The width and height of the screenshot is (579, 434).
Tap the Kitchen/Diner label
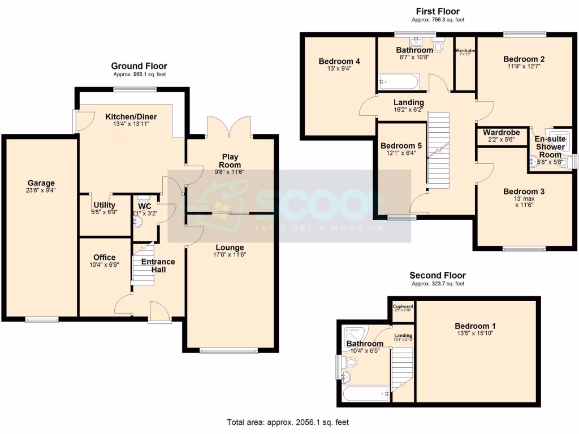(x=131, y=117)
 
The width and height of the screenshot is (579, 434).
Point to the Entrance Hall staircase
(x=143, y=263)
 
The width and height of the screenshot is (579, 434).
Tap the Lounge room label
(x=230, y=247)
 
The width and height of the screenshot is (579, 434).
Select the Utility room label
(x=104, y=205)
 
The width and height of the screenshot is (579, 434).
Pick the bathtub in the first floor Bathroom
(x=399, y=82)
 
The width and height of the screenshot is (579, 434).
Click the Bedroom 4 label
(x=339, y=61)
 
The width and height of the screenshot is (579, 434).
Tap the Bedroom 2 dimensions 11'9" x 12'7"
(x=524, y=66)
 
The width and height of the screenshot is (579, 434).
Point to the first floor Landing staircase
(x=438, y=150)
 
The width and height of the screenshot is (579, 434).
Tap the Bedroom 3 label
(x=524, y=191)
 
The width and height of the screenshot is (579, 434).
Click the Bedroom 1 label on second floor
(x=475, y=326)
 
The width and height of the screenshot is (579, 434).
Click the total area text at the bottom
(x=291, y=422)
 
